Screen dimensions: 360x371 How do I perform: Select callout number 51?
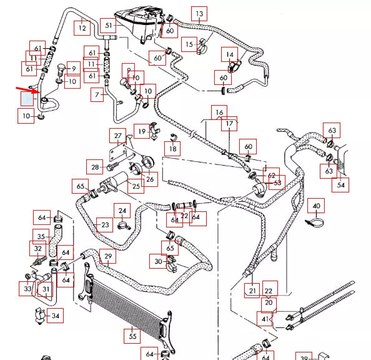tap(109, 26)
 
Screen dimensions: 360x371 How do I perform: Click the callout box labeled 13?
tap(199, 13)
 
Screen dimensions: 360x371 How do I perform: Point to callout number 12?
tap(82, 27)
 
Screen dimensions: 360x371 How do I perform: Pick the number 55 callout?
tap(132, 336)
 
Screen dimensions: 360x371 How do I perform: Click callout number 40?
tap(316, 206)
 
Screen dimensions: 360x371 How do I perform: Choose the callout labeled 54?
tap(340, 185)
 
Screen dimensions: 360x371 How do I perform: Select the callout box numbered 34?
tap(56, 316)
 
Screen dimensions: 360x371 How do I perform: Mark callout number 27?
tap(117, 136)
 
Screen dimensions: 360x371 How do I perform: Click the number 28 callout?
tap(94, 167)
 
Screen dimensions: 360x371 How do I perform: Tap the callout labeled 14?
tap(229, 55)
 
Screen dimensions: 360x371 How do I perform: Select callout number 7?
tap(97, 95)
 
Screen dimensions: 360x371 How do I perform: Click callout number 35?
tap(40, 237)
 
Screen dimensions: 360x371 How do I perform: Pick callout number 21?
tap(252, 290)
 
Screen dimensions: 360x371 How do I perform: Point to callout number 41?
tap(267, 319)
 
